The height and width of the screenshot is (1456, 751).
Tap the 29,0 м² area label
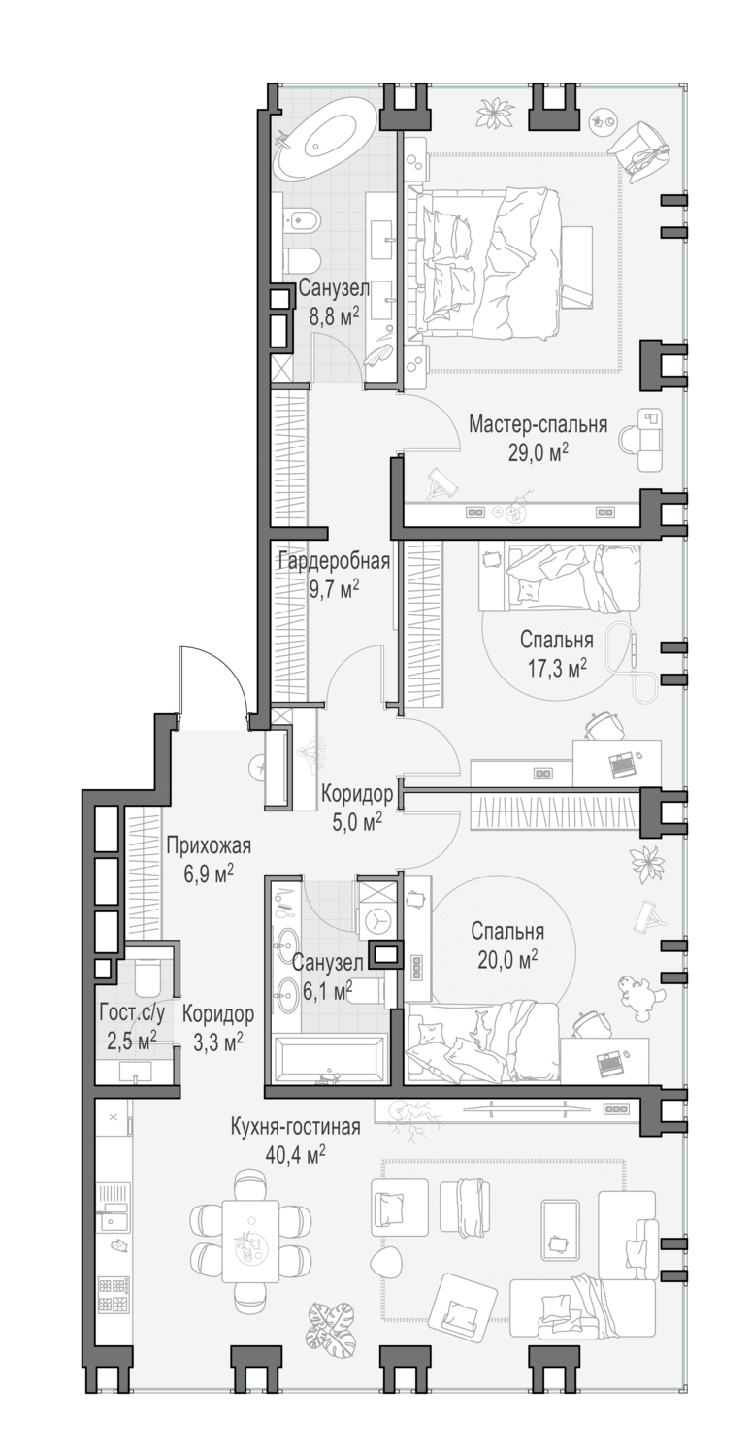tap(538, 451)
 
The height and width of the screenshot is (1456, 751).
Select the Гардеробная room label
tap(333, 561)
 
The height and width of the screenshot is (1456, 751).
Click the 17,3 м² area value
tap(557, 668)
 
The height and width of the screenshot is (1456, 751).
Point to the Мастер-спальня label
tap(538, 424)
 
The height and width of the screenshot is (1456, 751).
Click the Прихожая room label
tap(208, 845)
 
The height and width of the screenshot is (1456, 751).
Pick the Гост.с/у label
tap(132, 1012)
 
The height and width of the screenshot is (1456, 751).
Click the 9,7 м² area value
tap(333, 589)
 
